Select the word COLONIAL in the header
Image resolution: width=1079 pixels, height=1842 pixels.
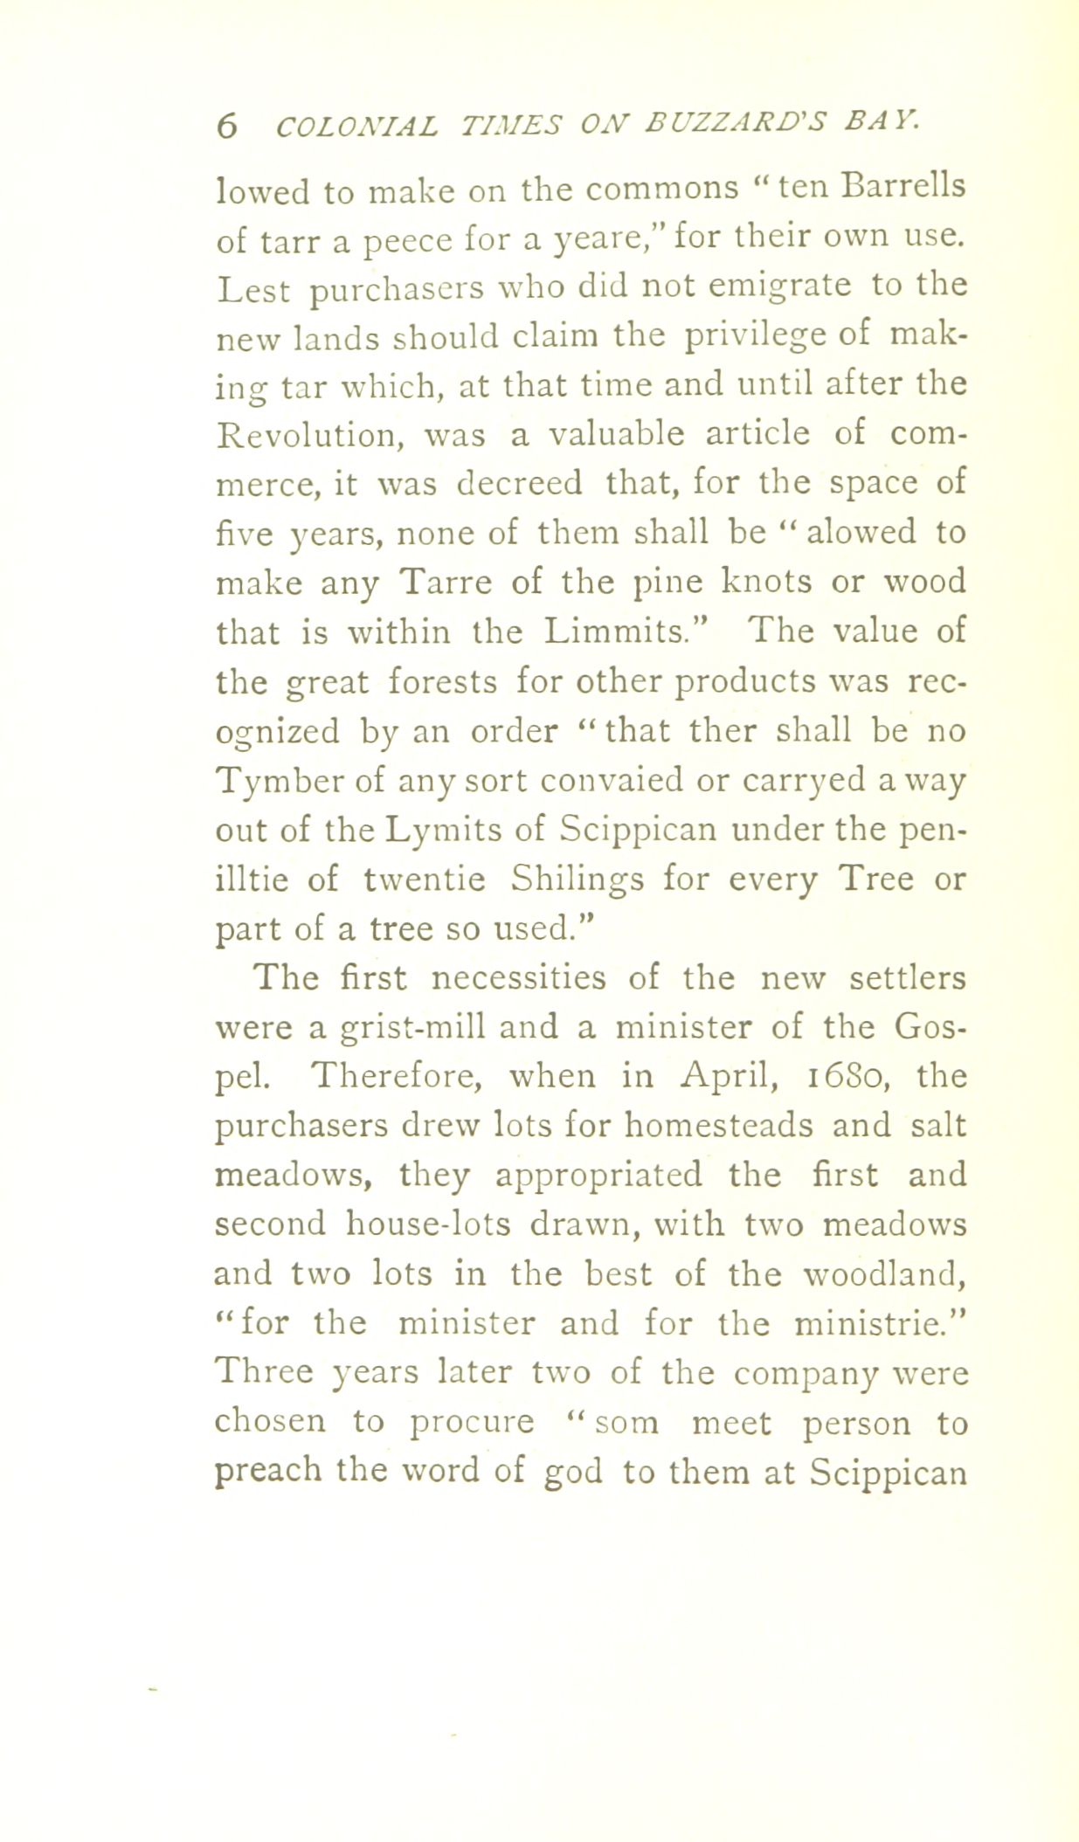(357, 125)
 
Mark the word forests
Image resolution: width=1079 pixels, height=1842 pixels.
(443, 680)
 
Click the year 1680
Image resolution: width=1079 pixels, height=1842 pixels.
(858, 1076)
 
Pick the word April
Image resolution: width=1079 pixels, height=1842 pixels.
(721, 1076)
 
